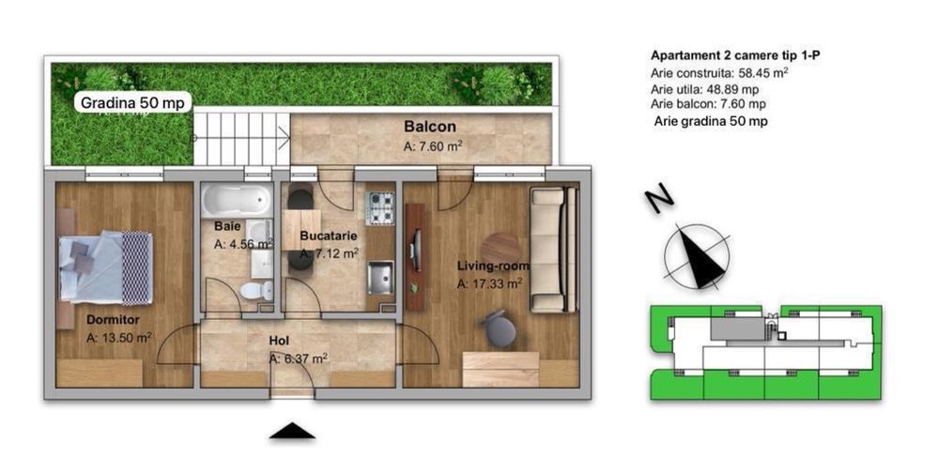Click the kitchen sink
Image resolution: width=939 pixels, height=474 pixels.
[379, 278]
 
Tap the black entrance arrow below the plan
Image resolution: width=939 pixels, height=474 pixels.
[292, 431]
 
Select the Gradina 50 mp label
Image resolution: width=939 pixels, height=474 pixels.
[134, 102]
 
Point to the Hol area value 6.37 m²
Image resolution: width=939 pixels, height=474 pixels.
[299, 358]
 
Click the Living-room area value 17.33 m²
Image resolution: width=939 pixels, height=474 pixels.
[489, 283]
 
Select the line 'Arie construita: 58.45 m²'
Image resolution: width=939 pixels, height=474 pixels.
[720, 72]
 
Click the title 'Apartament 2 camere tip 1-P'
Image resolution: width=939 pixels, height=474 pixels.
[729, 55]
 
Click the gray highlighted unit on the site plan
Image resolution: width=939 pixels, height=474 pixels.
[738, 328]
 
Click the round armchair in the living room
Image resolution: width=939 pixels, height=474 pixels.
[499, 329]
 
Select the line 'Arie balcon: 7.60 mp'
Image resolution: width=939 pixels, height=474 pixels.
[708, 104]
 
